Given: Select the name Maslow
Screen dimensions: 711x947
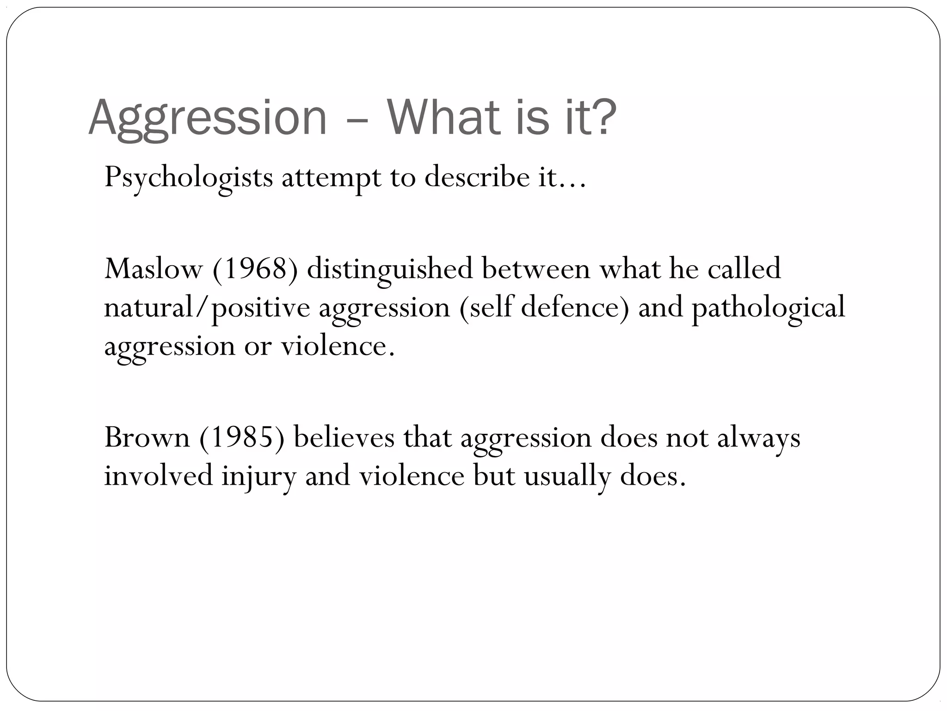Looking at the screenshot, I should [154, 269].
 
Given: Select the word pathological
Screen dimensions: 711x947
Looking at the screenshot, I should [768, 308].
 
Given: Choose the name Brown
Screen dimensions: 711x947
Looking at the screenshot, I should [147, 437].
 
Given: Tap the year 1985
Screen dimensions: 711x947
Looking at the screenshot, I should [242, 437].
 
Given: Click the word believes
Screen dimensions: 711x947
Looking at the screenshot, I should [344, 437].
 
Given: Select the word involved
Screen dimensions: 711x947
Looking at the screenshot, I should [158, 476].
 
